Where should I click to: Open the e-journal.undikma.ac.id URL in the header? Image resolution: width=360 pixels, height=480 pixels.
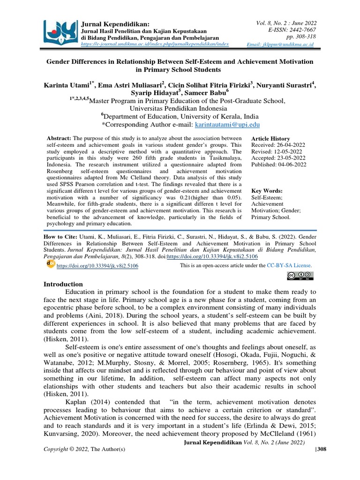155,43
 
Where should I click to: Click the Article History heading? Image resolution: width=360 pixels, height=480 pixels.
270,139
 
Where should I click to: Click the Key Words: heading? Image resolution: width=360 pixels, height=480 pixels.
267,191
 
